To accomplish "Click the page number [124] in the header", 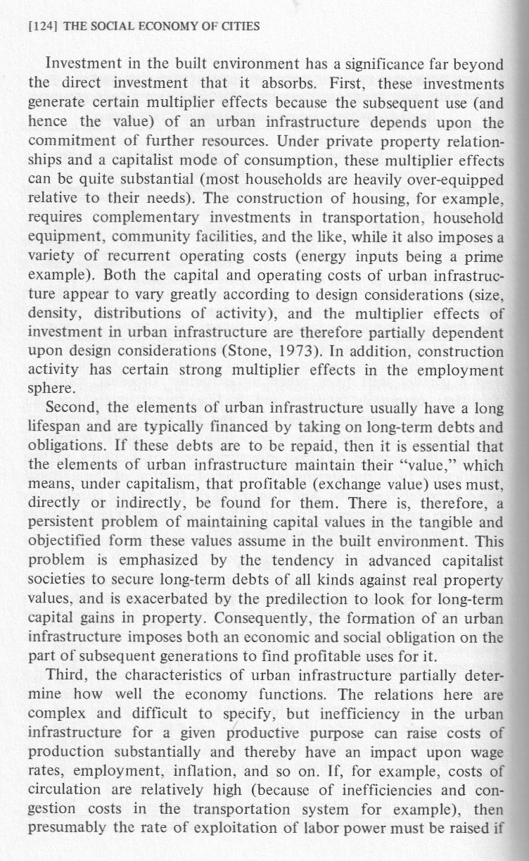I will pos(40,27).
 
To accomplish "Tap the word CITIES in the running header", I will pos(238,27).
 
